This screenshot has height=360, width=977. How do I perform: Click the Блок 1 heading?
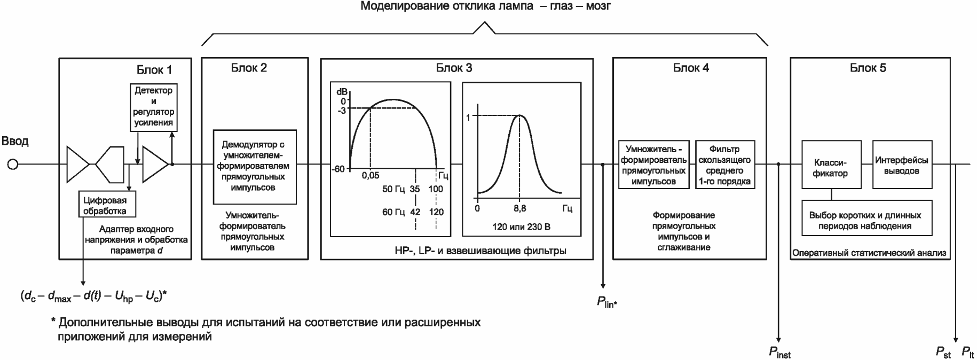[154, 70]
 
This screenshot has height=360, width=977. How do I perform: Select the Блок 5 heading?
[868, 68]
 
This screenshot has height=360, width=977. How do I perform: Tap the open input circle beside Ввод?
[13, 165]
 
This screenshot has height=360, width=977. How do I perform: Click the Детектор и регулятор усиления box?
[153, 107]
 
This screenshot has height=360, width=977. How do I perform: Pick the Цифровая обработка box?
[105, 205]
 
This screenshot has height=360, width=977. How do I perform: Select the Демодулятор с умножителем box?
[254, 166]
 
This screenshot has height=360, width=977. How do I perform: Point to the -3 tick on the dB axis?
[341, 111]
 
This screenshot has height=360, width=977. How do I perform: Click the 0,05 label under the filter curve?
[370, 176]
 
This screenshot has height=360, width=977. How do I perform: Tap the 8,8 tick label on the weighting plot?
[520, 208]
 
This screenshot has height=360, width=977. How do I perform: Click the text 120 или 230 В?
[521, 227]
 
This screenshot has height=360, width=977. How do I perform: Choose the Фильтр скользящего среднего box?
[724, 165]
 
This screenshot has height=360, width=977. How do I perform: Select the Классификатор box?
[831, 165]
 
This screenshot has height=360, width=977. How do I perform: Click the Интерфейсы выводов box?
[902, 165]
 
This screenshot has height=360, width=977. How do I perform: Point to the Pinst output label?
[779, 353]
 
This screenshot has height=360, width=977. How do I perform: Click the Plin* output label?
[607, 302]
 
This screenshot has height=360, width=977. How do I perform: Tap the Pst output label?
[943, 353]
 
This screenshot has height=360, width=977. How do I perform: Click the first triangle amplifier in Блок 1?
[78, 165]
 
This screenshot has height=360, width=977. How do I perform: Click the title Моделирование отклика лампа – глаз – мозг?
[485, 7]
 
